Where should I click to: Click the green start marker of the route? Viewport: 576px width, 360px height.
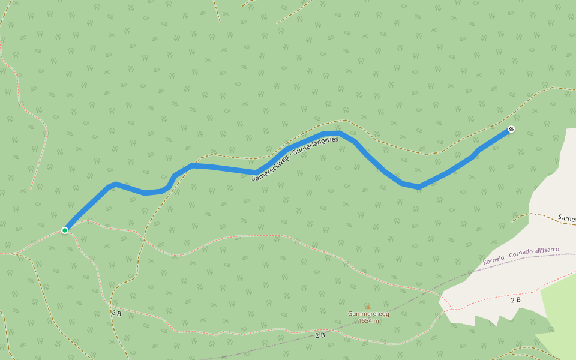[x=65, y=230]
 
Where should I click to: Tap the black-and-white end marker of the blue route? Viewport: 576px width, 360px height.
[x=511, y=129]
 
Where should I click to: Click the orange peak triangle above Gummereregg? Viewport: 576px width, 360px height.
[x=368, y=307]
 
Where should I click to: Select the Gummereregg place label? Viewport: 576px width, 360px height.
[x=368, y=314]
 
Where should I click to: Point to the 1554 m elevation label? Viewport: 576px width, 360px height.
[x=368, y=321]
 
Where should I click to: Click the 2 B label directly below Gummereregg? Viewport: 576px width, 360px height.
[x=320, y=335]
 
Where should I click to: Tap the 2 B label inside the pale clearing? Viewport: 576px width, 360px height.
[x=515, y=299]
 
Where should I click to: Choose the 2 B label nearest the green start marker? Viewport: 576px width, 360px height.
[x=116, y=313]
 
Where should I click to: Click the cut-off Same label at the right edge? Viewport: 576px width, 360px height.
[x=566, y=218]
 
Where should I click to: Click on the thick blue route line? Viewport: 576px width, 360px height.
[x=222, y=167]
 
